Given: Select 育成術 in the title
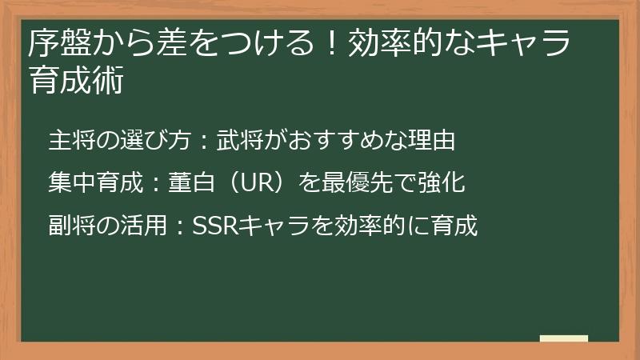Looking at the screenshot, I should tap(76, 80).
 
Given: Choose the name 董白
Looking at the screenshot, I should tap(189, 183).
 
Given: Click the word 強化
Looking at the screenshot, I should tap(445, 183).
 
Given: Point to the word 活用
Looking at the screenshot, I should tap(131, 226).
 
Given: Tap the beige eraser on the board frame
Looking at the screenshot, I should tap(563, 338).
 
